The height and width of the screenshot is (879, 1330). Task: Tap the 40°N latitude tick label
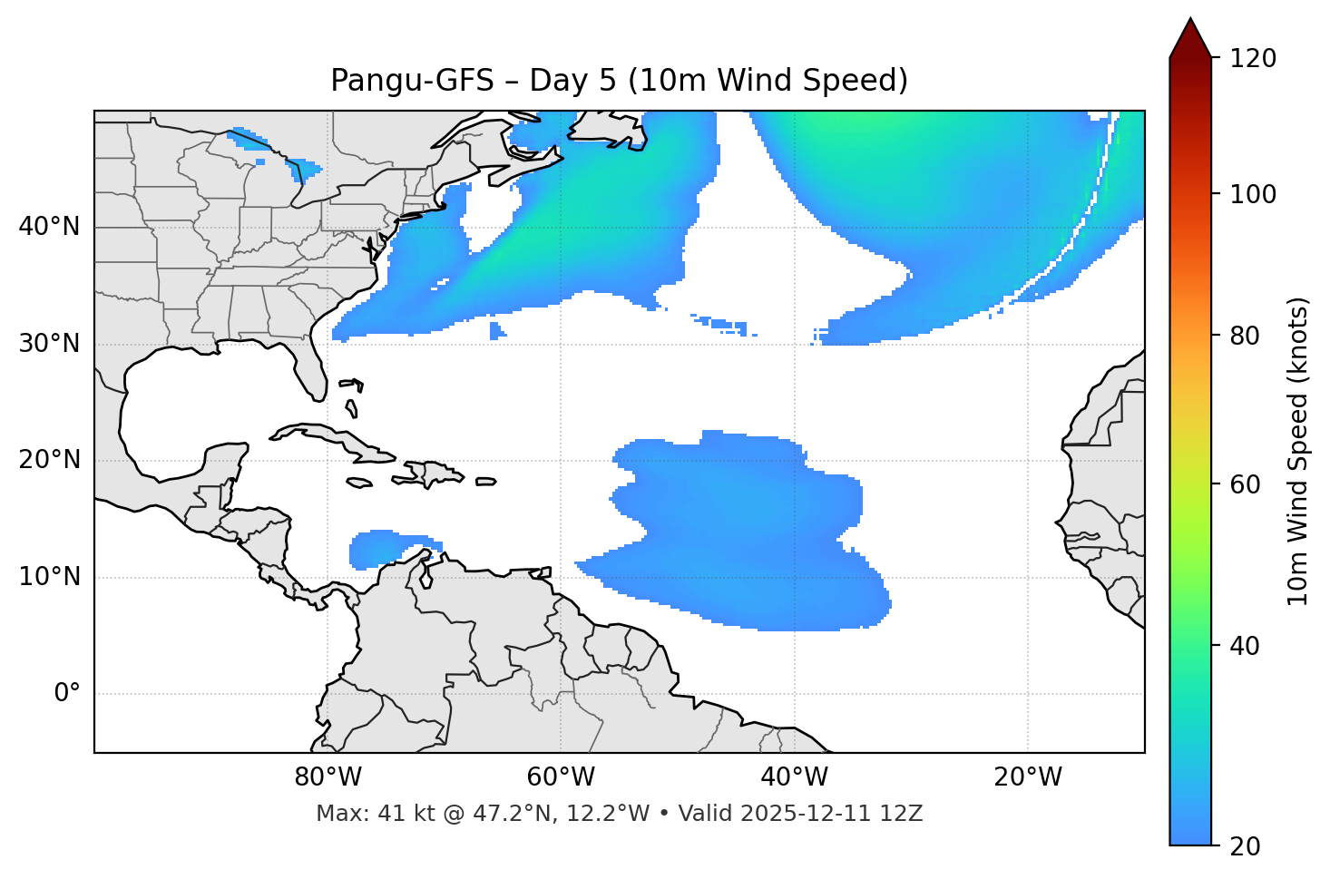(49, 227)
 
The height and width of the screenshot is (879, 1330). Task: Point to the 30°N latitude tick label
(49, 344)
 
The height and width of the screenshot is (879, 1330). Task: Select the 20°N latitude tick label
(49, 460)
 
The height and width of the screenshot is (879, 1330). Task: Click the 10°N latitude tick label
(49, 577)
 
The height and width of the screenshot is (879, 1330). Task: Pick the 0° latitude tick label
(67, 694)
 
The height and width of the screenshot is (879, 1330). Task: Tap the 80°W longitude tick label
(328, 777)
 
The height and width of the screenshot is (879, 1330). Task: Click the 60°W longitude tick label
(561, 777)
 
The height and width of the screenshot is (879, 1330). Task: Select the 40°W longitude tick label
(794, 777)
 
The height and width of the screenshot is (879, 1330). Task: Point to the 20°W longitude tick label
(1027, 777)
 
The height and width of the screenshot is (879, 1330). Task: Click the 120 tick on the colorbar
(1253, 58)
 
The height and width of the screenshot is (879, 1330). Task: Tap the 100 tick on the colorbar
(1253, 194)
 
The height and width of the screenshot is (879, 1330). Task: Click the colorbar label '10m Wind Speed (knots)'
(1298, 451)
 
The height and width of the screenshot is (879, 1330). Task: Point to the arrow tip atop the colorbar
(1190, 19)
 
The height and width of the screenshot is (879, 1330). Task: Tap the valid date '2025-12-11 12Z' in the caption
(831, 814)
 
